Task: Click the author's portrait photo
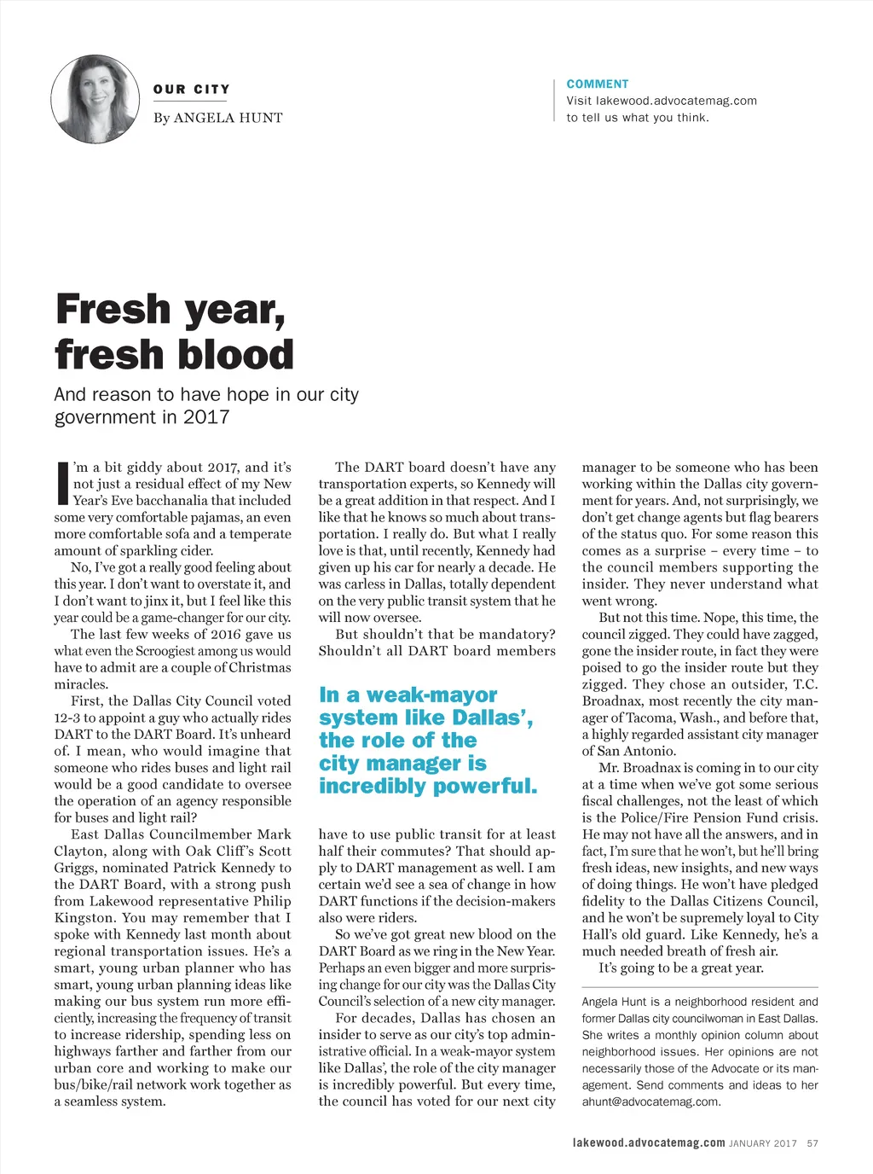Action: point(95,99)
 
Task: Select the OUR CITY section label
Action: point(191,90)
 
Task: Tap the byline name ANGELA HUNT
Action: point(228,118)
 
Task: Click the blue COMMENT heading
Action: point(598,84)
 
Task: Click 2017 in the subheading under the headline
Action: point(206,417)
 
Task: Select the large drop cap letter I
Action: point(61,483)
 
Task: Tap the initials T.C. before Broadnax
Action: point(805,684)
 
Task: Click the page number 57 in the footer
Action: point(812,1143)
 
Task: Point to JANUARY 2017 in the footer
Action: point(763,1143)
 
